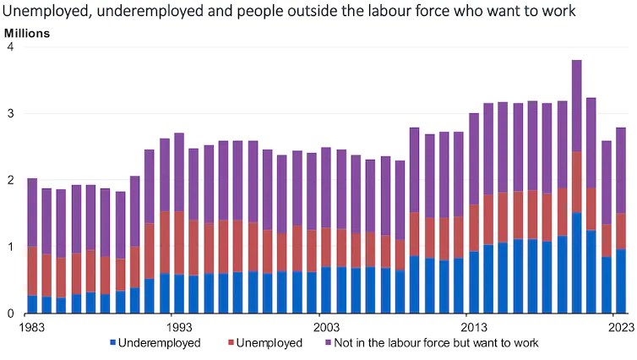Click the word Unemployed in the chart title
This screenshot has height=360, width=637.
[x=39, y=12]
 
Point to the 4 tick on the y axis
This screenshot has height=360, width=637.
[x=10, y=48]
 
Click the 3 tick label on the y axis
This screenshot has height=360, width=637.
[x=10, y=114]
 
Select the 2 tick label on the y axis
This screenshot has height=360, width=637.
[x=10, y=181]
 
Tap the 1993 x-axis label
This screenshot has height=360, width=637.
[x=177, y=325]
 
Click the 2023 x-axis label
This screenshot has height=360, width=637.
[x=621, y=325]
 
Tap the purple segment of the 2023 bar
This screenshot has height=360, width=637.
[x=621, y=170]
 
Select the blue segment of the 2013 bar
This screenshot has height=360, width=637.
[x=473, y=282]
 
